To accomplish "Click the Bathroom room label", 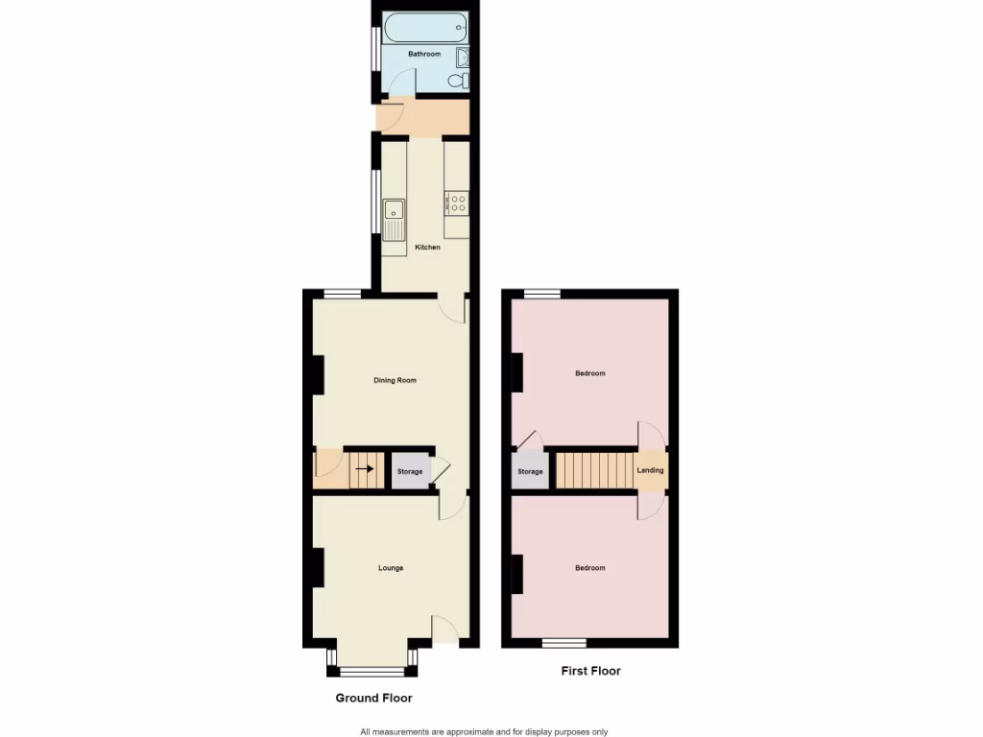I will tap(424, 55).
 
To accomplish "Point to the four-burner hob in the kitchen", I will tap(457, 202).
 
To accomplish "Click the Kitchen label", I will tap(427, 248).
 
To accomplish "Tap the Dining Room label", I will tap(395, 381).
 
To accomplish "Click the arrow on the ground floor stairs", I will tap(365, 469).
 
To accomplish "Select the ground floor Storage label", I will tap(410, 472).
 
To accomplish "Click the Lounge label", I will tap(391, 568).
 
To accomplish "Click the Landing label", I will tap(650, 470).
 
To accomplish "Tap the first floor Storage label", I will tap(530, 472).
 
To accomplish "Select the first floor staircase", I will tap(594, 469).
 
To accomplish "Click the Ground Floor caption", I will tap(373, 698).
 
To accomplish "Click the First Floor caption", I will tap(590, 671).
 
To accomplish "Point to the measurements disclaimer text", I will tap(484, 731).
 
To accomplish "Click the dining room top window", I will tap(342, 295).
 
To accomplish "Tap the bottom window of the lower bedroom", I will tap(563, 641).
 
